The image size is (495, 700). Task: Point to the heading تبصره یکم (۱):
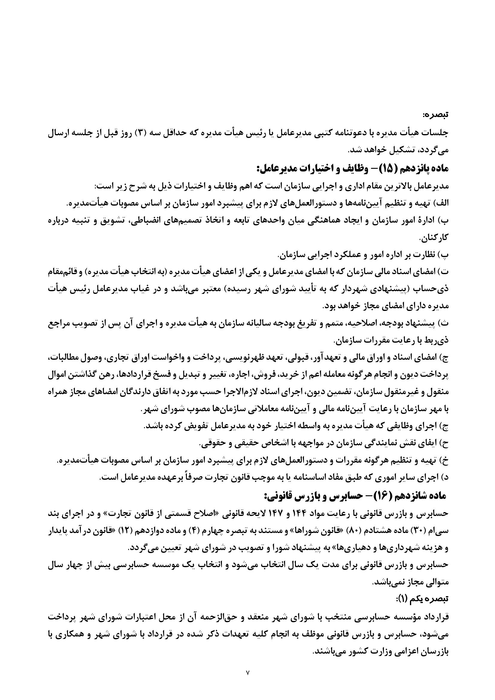(x=423, y=590)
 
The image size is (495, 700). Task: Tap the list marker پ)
(x=443, y=254)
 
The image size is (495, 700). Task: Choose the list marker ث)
(x=443, y=324)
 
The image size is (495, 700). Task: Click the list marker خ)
(x=443, y=461)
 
